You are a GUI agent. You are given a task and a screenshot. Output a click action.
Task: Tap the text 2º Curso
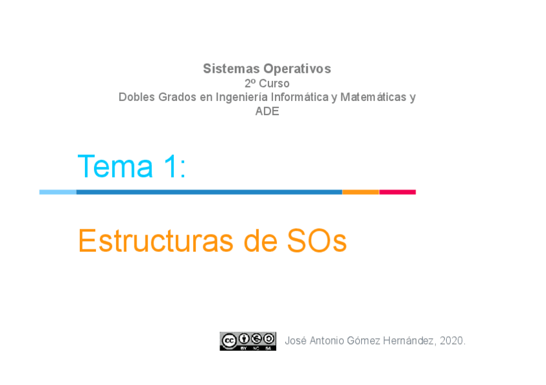267,84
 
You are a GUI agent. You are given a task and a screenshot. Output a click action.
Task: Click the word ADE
267,111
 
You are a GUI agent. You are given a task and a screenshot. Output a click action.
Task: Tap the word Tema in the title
115,166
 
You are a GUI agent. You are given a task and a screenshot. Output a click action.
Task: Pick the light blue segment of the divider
58,192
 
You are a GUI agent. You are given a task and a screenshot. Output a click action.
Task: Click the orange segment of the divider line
361,192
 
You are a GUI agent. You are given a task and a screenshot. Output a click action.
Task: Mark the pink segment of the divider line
397,192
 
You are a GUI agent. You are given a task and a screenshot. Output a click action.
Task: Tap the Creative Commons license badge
248,341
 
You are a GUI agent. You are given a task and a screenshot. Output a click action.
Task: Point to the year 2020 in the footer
452,341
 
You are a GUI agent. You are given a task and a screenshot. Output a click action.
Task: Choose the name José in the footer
296,341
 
